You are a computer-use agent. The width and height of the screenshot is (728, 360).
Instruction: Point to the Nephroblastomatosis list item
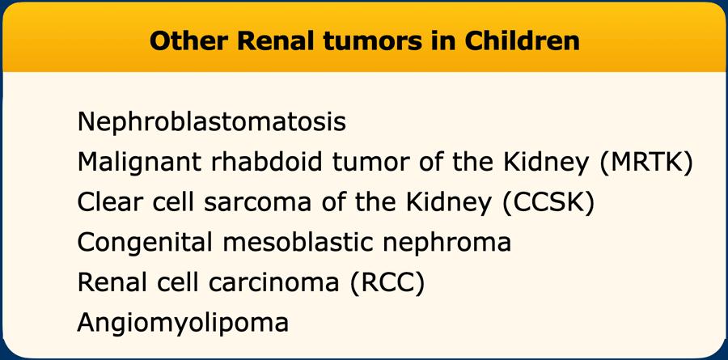click(212, 122)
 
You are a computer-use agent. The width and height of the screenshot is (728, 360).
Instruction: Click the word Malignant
click(139, 163)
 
